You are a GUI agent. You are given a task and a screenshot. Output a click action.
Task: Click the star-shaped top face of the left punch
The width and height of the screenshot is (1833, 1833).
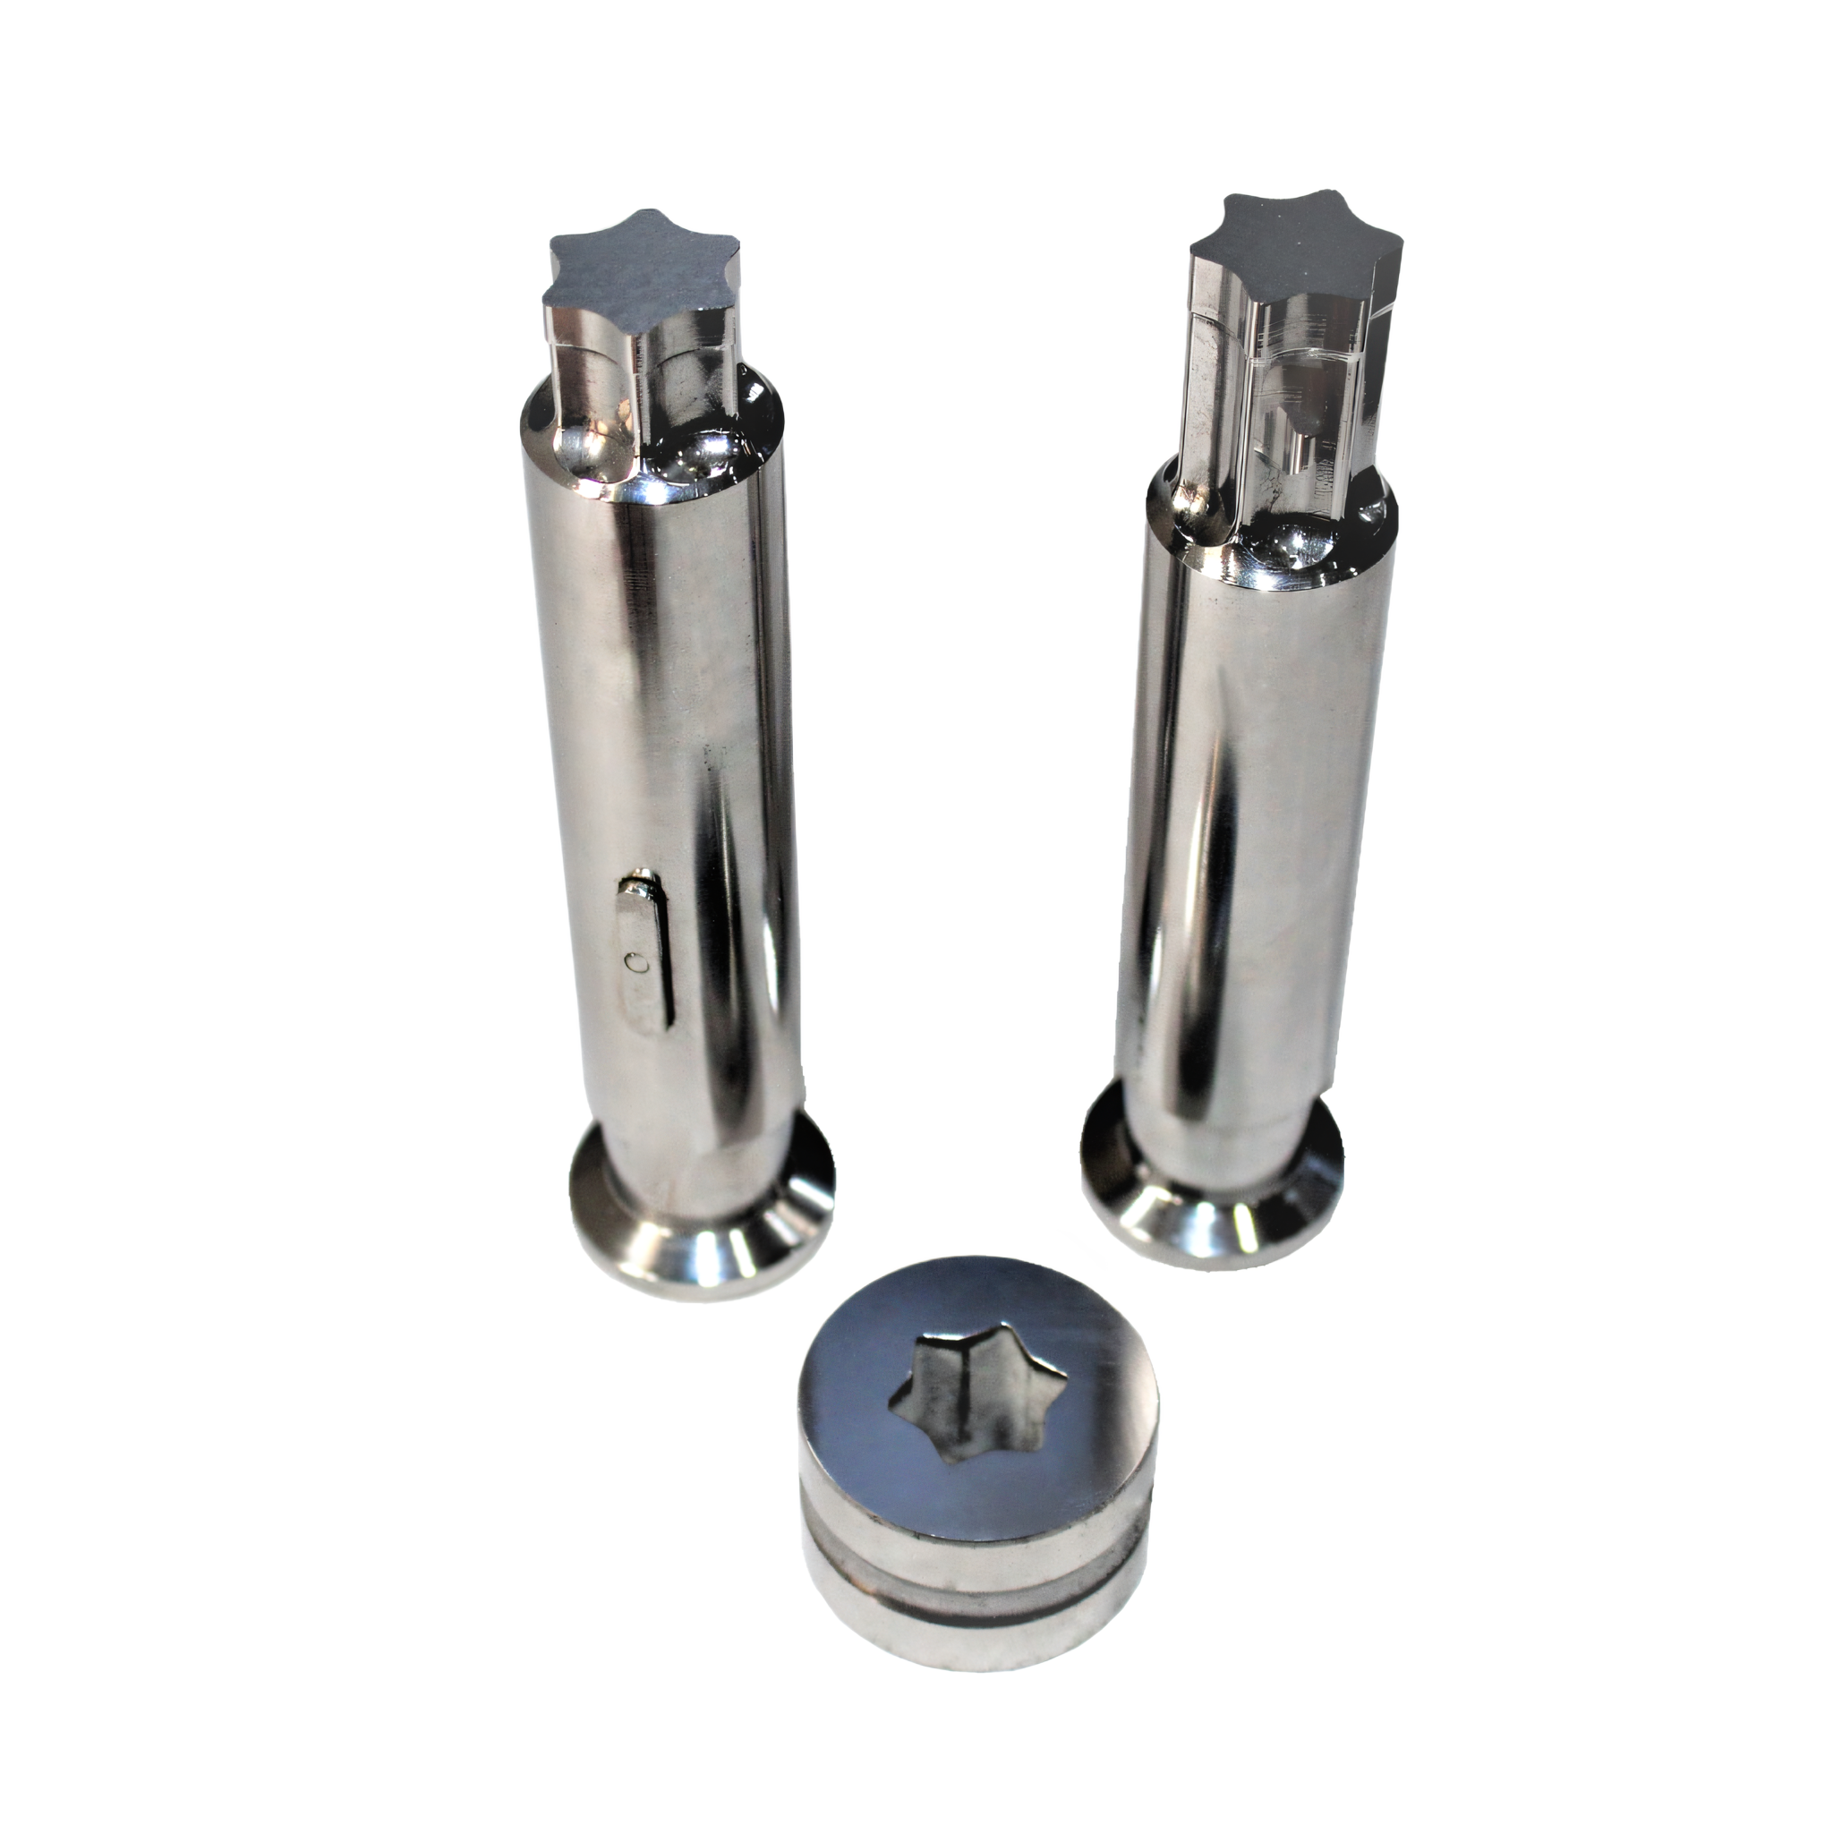641,274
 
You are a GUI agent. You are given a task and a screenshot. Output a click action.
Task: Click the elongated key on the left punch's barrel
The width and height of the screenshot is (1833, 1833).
646,959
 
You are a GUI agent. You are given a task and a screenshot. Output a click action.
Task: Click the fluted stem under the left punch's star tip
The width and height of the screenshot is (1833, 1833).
645,379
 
